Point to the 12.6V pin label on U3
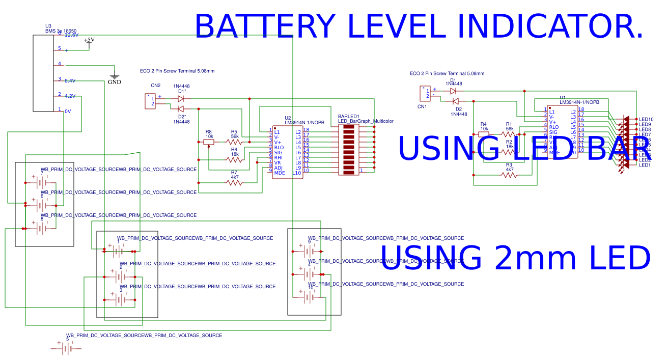coord(71,35)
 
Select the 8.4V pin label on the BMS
coord(70,81)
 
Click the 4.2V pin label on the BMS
coord(70,96)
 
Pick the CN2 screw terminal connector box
coord(150,101)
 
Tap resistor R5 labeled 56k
coord(234,142)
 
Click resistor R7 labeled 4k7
coord(234,182)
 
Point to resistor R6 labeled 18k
coord(234,160)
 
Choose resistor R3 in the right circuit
coord(509,175)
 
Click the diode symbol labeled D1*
coord(181,99)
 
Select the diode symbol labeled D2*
coord(181,109)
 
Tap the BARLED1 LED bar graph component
coord(348,150)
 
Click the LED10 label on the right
coord(646,120)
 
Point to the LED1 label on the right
coord(645,165)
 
